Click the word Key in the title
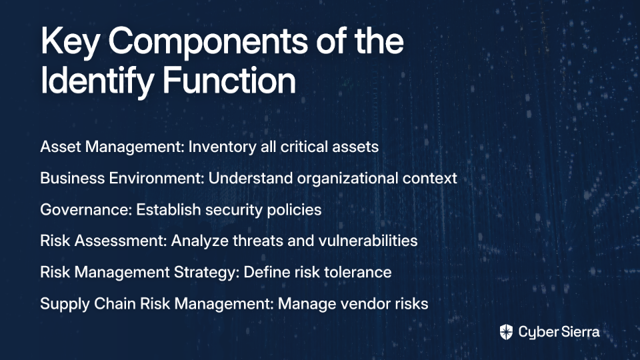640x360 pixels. click(70, 41)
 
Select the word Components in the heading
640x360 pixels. click(208, 41)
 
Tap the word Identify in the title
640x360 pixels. click(97, 81)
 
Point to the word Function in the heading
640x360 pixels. click(229, 80)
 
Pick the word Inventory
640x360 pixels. click(222, 147)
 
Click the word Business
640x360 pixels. click(72, 178)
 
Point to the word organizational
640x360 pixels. click(347, 179)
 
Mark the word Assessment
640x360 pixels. click(121, 241)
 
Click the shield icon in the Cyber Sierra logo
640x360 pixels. click(506, 332)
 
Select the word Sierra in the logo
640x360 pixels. click(579, 332)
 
